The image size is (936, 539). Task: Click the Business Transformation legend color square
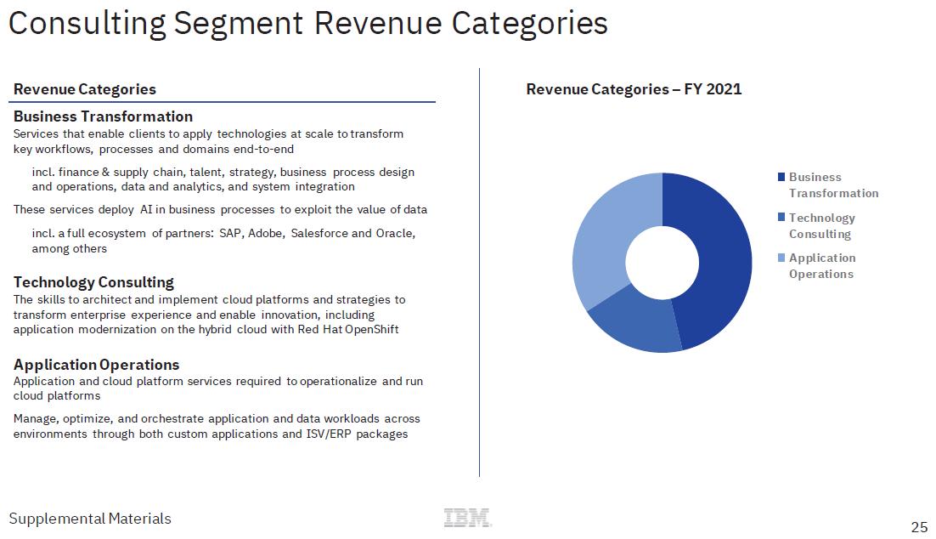781,178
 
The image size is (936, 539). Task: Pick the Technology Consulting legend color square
781,218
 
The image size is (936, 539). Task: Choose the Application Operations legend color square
781,258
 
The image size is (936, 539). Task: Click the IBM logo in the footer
467,518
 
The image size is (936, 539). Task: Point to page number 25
919,527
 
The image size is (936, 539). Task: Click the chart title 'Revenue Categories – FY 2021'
634,89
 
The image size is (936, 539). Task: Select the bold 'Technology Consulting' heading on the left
93,282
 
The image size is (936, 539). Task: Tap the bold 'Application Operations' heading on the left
96,365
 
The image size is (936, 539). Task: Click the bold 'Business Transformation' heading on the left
103,116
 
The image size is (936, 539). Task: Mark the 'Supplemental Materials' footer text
90,519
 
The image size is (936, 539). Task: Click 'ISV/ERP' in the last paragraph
330,434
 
